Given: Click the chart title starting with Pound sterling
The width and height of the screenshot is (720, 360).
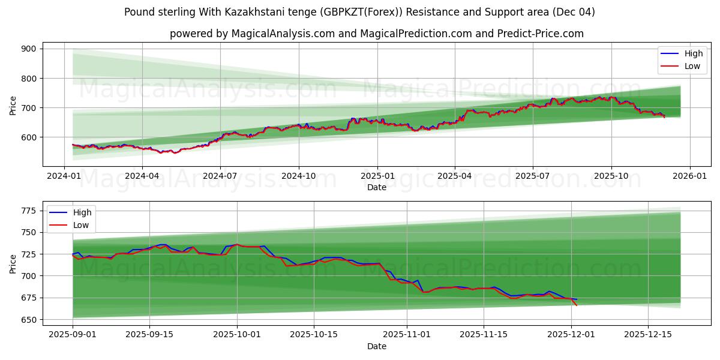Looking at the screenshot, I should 360,12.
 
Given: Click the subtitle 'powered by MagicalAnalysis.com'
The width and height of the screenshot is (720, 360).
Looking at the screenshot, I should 376,34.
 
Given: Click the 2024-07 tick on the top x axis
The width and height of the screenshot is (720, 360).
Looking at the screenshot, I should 220,176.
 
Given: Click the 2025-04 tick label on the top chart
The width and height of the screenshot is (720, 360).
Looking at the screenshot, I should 454,176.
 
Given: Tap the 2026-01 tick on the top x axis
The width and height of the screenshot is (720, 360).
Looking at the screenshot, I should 689,176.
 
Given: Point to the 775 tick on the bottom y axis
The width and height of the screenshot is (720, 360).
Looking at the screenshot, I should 29,211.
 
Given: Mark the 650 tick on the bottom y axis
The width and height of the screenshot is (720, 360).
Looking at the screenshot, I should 29,320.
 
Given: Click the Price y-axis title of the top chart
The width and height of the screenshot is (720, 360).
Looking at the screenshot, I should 13,105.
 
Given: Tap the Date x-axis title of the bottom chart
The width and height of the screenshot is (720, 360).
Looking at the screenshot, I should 376,346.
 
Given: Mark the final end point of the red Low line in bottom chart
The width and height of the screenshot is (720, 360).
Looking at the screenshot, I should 577,305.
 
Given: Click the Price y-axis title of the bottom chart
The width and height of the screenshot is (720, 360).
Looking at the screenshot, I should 13,263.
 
